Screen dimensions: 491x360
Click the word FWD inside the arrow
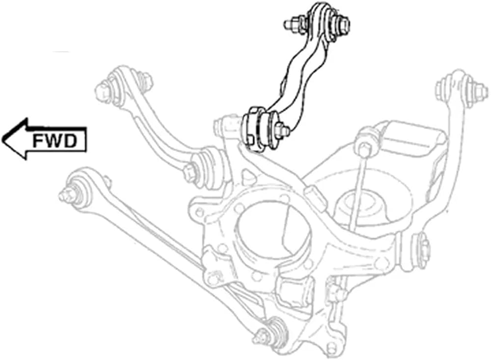55,141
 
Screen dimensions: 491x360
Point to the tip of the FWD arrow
2,139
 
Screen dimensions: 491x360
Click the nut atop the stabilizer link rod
365,146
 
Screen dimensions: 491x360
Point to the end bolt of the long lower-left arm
67,195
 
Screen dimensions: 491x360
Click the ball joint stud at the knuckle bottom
269,333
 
